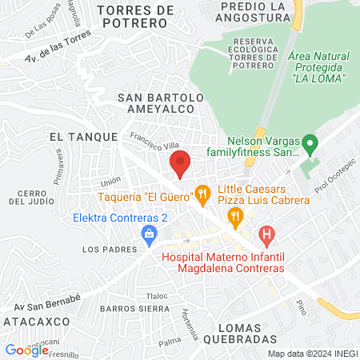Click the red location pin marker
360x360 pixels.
[180, 162]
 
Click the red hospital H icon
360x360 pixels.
[267, 235]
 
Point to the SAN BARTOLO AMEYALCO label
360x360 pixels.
[162, 104]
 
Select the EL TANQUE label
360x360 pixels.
[83, 137]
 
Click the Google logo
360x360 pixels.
[26, 349]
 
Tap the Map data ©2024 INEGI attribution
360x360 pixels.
[312, 354]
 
